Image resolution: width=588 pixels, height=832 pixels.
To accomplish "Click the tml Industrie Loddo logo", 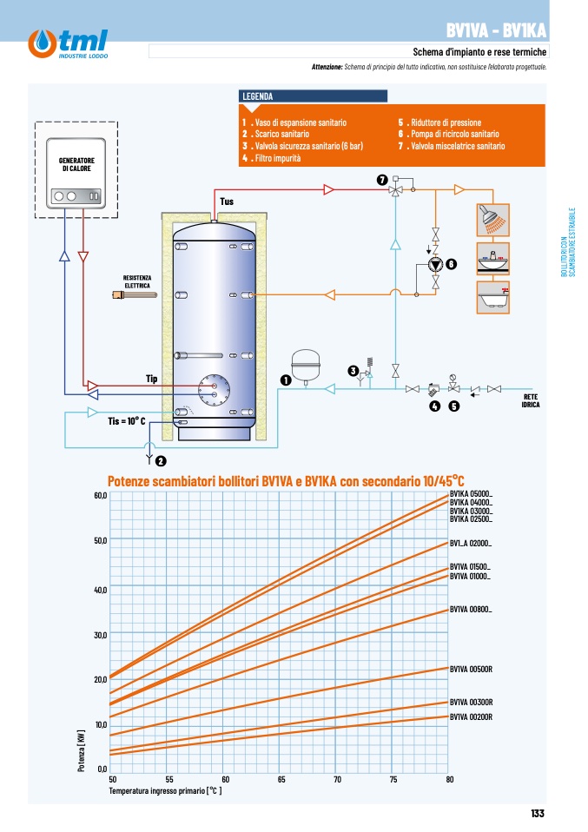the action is [68, 43].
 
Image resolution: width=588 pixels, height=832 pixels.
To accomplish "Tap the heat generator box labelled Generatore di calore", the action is [76, 173].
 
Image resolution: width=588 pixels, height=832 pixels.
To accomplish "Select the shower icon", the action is [493, 220].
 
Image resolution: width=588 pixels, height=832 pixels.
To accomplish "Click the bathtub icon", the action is [493, 298].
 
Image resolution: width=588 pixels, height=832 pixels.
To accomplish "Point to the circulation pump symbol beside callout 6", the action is [436, 264].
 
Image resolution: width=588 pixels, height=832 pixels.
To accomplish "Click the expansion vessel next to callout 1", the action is [306, 365].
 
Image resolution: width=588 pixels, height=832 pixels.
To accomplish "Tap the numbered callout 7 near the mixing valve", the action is [382, 180].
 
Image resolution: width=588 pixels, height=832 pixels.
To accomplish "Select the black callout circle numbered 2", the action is [161, 461].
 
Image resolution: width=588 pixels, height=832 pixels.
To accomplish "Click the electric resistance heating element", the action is [135, 294].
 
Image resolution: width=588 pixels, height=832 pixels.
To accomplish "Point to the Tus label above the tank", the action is [227, 201].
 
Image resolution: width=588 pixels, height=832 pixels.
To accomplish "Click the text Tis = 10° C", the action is [127, 421].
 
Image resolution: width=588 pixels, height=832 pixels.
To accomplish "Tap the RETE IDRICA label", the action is [531, 400].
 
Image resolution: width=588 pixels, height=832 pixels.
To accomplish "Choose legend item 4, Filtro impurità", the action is [272, 158].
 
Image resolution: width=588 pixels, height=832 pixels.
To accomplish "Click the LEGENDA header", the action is [258, 96].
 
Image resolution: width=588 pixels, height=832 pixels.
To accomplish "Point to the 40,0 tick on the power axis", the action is [100, 590].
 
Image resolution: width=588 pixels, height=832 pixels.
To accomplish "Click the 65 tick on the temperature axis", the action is [281, 780].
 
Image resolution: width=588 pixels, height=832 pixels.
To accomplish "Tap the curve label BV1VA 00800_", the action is [471, 610].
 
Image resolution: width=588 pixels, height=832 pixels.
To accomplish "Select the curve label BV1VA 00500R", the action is [472, 670].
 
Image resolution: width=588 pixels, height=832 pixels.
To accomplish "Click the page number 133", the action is [538, 814].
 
